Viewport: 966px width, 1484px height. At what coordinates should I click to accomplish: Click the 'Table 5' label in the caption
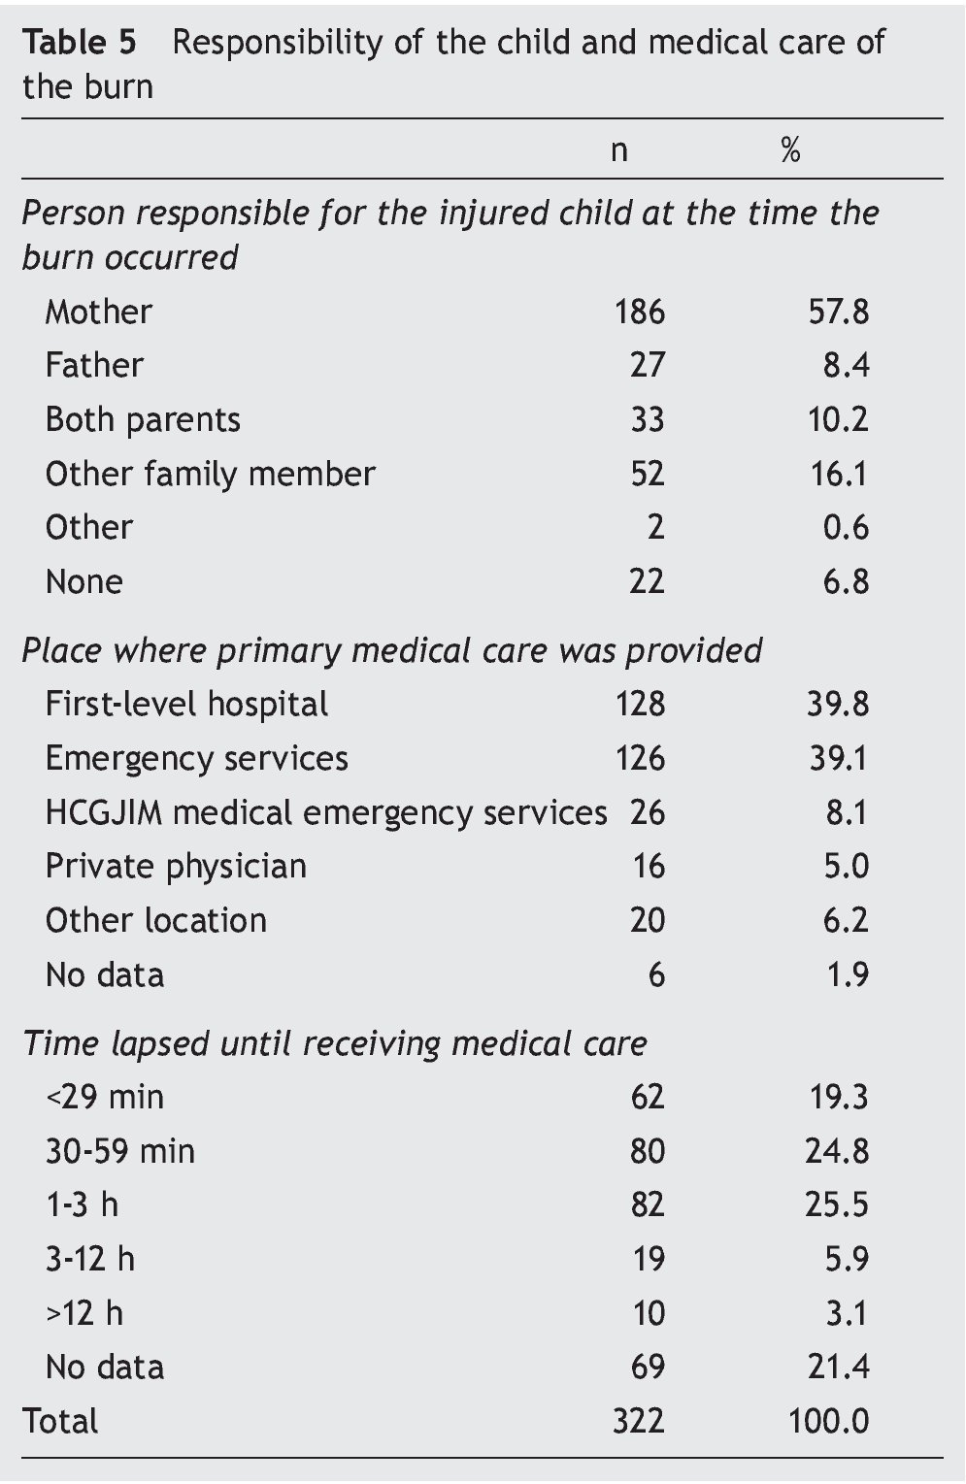[x=79, y=43]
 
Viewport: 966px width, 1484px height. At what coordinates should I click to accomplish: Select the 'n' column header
[x=618, y=150]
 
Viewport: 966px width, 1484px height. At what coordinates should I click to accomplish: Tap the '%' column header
[x=790, y=150]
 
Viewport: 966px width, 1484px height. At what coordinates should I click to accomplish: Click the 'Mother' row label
[x=98, y=312]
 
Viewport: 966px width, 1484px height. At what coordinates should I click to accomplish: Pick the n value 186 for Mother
[x=639, y=312]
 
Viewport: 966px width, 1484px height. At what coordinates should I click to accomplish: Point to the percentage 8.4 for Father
[x=846, y=366]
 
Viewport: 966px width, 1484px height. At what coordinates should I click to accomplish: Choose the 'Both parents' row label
[x=143, y=419]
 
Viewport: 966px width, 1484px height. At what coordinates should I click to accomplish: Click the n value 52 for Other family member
[x=647, y=474]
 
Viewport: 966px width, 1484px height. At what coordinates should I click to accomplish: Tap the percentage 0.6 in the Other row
[x=846, y=528]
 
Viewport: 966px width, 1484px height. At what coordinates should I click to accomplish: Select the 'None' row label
[x=83, y=582]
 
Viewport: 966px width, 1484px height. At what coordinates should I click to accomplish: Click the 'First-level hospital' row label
[x=186, y=705]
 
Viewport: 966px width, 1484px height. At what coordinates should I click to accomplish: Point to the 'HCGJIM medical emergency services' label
[x=326, y=812]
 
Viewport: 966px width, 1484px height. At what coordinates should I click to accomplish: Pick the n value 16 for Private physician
[x=648, y=867]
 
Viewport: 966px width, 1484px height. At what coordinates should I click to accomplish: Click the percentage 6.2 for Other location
[x=846, y=921]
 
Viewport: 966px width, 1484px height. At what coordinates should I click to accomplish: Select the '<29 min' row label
[x=105, y=1098]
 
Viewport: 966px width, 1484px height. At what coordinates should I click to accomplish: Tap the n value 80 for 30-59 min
[x=647, y=1152]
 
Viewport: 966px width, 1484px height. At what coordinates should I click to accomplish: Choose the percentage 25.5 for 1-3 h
[x=837, y=1205]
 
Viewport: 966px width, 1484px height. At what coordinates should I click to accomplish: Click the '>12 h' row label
[x=84, y=1313]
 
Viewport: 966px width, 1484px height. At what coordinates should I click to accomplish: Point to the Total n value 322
[x=638, y=1422]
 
